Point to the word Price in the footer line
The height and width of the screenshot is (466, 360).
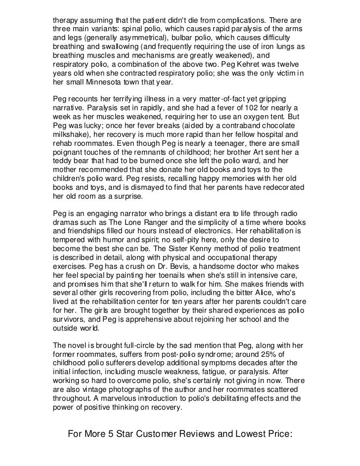[x=273, y=435]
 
